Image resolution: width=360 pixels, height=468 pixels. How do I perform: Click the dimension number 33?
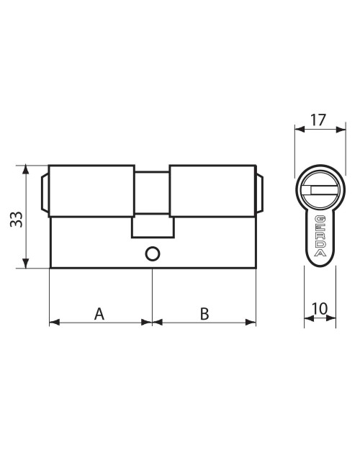(x=16, y=220)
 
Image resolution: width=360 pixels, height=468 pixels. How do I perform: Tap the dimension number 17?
(x=318, y=120)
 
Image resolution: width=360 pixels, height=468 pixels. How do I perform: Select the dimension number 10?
(x=320, y=309)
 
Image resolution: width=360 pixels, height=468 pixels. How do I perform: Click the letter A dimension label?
(x=99, y=314)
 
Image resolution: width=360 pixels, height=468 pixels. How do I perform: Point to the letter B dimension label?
(x=204, y=314)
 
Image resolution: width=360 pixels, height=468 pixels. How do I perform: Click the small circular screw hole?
(x=153, y=254)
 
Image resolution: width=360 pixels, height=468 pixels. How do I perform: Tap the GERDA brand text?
(x=320, y=235)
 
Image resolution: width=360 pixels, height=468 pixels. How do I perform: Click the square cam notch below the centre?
(x=153, y=226)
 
